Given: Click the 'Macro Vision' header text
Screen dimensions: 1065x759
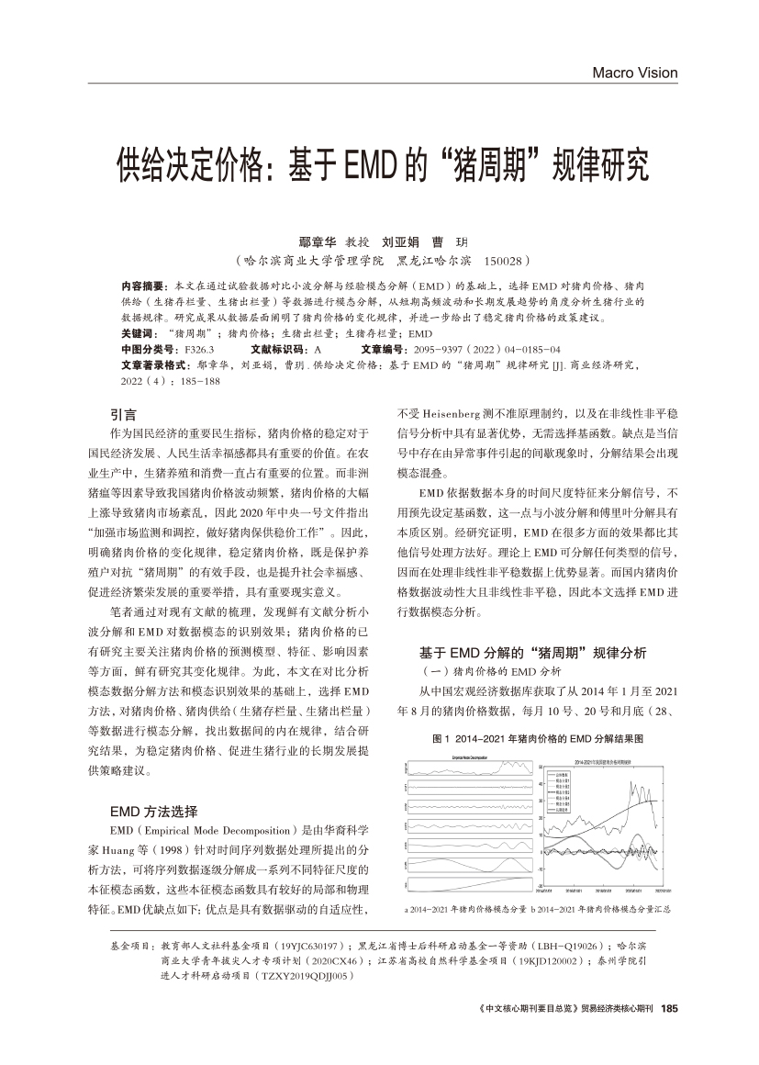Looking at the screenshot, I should pyautogui.click(x=634, y=73).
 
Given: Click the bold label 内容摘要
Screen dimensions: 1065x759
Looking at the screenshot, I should pyautogui.click(x=142, y=286).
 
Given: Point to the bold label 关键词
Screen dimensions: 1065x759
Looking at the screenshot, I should pyautogui.click(x=139, y=333).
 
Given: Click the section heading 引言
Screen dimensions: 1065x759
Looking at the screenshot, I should pyautogui.click(x=123, y=414).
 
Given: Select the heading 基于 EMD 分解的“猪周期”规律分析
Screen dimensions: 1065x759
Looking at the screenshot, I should pyautogui.click(x=533, y=653).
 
